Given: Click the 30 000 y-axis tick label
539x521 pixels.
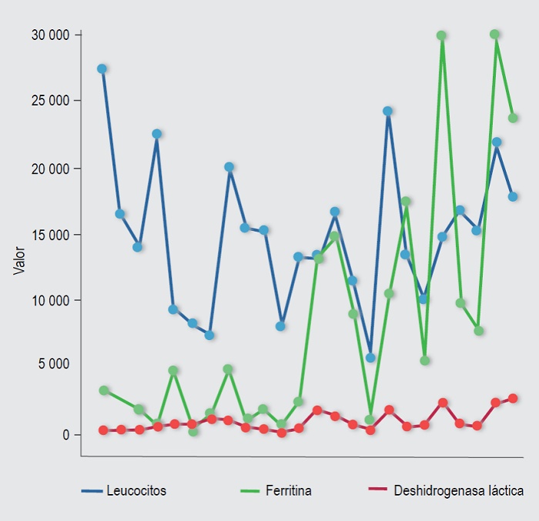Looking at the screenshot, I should click(x=50, y=35).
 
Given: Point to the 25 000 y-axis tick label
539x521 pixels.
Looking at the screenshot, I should click(x=50, y=101).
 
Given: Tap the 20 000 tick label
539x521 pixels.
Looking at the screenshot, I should click(x=50, y=169).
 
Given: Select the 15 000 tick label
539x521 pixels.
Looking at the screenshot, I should click(x=50, y=235).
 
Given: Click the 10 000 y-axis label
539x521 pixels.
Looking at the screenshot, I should click(x=50, y=300).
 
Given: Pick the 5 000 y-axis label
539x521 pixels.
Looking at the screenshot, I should click(x=53, y=364).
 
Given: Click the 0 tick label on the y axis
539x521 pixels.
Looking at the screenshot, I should click(x=66, y=435).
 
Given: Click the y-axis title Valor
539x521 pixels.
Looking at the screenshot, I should click(x=20, y=261).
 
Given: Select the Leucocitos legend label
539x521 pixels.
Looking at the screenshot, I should click(x=136, y=490).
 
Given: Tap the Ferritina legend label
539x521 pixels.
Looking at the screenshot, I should click(x=289, y=490).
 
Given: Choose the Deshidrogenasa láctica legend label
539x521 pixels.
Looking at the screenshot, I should click(x=458, y=490).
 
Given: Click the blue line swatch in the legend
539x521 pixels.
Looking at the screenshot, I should click(x=92, y=490).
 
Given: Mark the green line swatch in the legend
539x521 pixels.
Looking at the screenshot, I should click(x=251, y=490).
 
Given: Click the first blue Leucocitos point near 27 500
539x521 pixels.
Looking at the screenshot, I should click(x=102, y=68).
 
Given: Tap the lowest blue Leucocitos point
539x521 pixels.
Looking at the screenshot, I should click(x=370, y=358).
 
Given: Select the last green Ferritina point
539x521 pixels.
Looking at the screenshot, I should click(x=513, y=118).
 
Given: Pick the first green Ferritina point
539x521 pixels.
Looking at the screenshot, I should click(x=104, y=390).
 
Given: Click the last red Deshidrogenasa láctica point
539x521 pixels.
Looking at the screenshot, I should click(x=513, y=399).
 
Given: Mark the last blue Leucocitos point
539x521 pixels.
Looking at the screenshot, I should click(x=513, y=196).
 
